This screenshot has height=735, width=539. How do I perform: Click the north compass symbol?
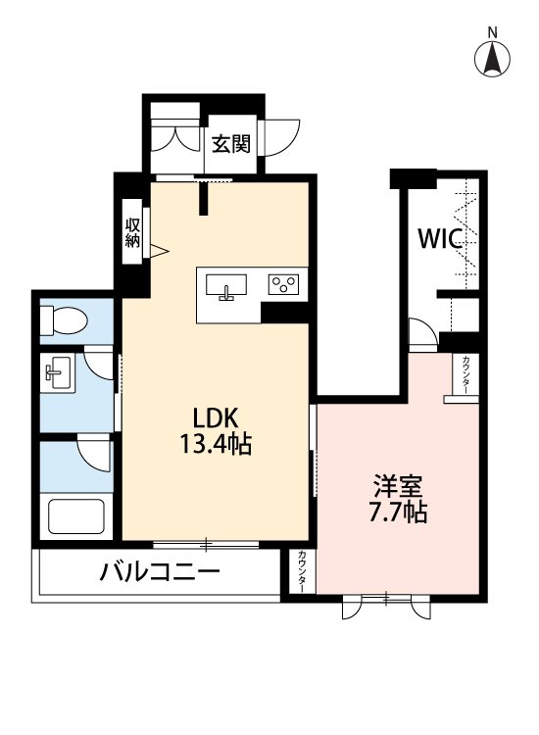[493, 61]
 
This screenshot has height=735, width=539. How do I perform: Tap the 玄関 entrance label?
[231, 143]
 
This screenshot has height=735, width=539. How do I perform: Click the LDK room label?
[215, 416]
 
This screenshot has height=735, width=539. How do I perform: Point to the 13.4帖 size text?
[215, 445]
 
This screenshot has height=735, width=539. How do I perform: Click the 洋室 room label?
[398, 485]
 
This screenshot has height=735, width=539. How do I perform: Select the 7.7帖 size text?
[398, 513]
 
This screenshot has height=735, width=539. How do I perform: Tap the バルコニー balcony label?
[159, 572]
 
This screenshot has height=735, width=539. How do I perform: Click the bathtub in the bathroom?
[75, 516]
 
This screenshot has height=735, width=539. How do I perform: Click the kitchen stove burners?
[284, 284]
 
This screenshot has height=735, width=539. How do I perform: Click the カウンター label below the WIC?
[465, 372]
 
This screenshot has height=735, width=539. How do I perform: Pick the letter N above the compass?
[493, 32]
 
